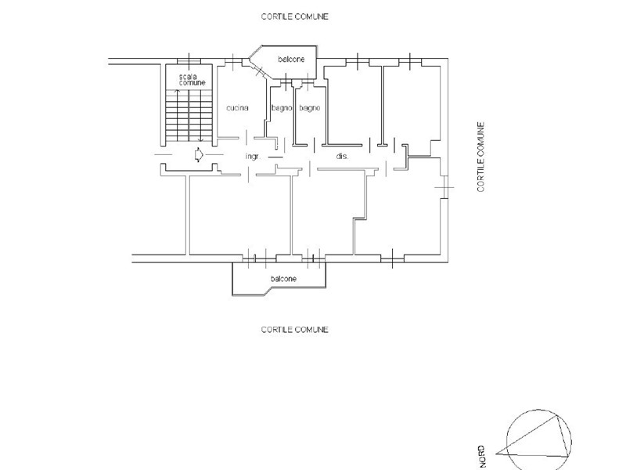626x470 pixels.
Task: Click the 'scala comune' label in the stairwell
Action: pos(192,78)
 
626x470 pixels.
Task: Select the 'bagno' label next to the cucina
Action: pos(281,108)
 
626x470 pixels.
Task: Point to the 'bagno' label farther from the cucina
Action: pos(309,108)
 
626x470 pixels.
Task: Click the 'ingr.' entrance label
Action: pos(252,157)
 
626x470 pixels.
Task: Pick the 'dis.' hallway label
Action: pos(342,157)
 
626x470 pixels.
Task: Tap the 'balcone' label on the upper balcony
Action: pos(292,58)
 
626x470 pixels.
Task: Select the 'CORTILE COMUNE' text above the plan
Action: pos(294,16)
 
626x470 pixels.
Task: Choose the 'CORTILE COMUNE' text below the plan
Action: pos(294,330)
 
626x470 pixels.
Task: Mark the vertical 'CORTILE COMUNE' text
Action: pos(481,157)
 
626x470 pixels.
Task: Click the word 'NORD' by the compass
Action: pos(481,457)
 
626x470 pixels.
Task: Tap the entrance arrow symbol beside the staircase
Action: pos(199,155)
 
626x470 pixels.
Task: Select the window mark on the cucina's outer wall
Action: pos(232,60)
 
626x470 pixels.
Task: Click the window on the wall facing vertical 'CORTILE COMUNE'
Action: pos(445,188)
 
